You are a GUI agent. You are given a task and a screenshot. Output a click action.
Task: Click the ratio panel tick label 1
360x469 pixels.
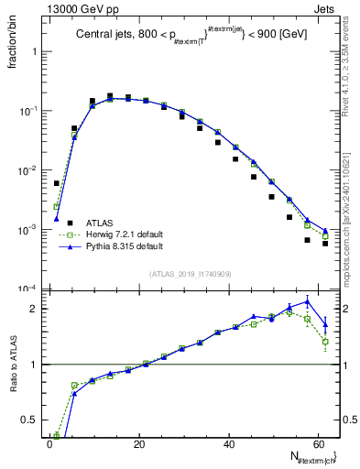pos(37,365)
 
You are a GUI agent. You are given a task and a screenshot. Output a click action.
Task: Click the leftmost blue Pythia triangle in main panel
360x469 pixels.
pos(57,219)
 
